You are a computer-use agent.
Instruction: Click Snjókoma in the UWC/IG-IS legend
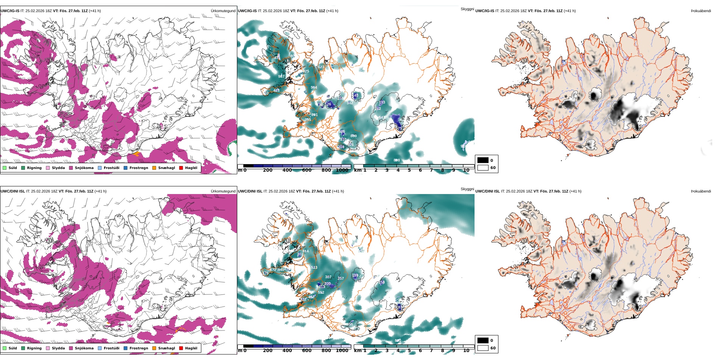tap(84, 168)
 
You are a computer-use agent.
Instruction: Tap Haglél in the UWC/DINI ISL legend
tap(191, 348)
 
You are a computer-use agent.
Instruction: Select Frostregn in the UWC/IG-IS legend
tap(139, 168)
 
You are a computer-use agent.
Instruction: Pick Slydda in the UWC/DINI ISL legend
tap(58, 348)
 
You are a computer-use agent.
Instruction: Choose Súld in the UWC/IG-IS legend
tap(12, 168)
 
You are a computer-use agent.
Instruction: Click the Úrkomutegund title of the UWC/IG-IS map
tap(223, 11)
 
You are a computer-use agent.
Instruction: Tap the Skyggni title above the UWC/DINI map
tap(467, 189)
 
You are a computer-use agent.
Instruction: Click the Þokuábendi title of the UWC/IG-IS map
tap(701, 11)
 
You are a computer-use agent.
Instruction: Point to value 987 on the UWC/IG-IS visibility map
tap(281, 77)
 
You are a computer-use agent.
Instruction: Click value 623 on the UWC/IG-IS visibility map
tap(321, 67)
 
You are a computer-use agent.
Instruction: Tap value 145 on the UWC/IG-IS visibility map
tap(355, 95)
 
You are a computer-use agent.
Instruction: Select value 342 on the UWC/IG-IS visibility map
tap(350, 103)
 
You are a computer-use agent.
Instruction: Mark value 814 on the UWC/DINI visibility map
tap(305, 251)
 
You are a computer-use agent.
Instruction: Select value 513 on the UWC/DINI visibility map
tap(314, 268)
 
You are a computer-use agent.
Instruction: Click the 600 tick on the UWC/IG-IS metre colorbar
tap(307, 170)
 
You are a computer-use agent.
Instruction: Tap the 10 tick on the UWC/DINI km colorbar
tap(466, 351)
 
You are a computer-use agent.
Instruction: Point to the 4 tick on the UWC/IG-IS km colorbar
tap(398, 170)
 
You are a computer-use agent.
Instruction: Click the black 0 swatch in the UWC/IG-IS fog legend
tap(483, 160)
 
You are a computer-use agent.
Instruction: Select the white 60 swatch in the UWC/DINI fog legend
tap(483, 348)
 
